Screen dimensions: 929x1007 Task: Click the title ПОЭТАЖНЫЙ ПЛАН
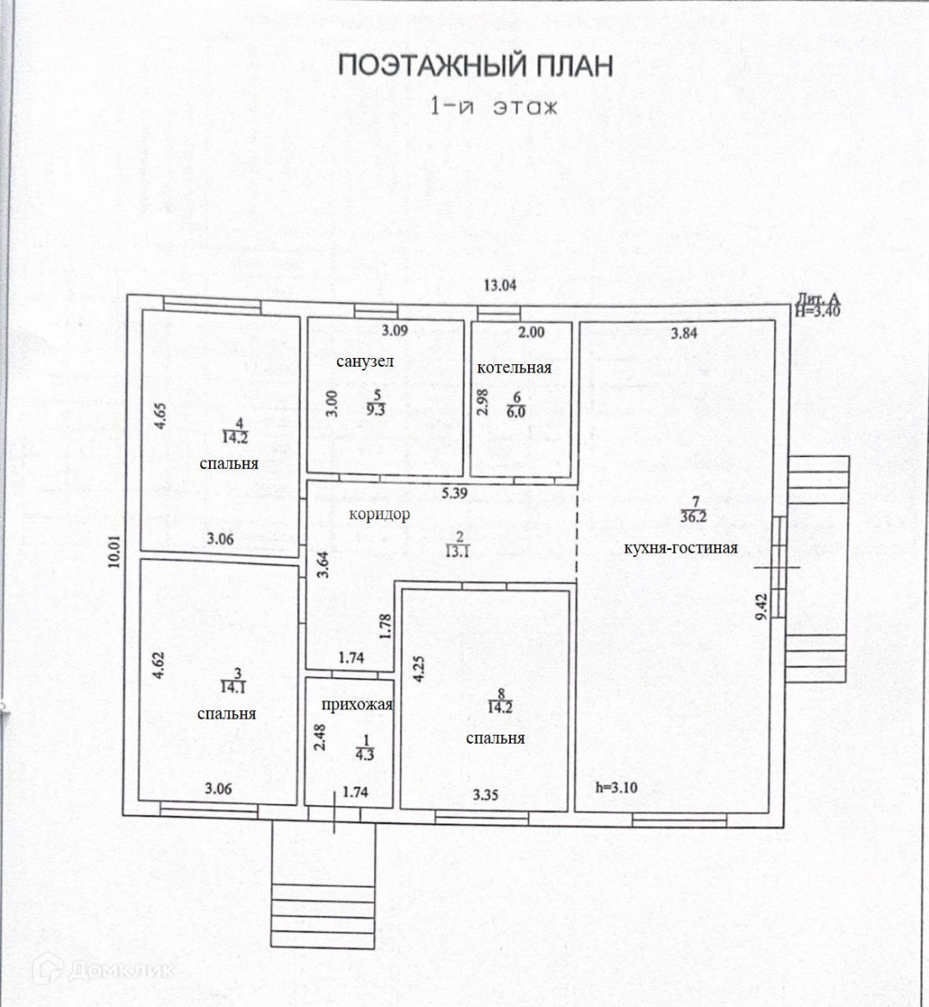tap(475, 66)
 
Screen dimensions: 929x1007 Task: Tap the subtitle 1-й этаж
tap(495, 107)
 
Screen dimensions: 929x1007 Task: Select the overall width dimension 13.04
tap(500, 286)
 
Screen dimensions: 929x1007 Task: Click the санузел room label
tap(365, 361)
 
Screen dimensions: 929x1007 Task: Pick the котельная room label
tap(514, 368)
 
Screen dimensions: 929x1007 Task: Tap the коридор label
tap(379, 514)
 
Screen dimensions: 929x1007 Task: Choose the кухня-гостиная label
tap(674, 547)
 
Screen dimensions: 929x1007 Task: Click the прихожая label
tap(357, 705)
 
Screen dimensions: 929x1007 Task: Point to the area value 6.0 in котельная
tap(516, 411)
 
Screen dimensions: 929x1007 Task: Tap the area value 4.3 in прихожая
tap(365, 756)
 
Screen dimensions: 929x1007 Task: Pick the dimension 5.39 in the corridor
tap(454, 493)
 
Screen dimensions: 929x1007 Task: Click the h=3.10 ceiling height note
tap(617, 787)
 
